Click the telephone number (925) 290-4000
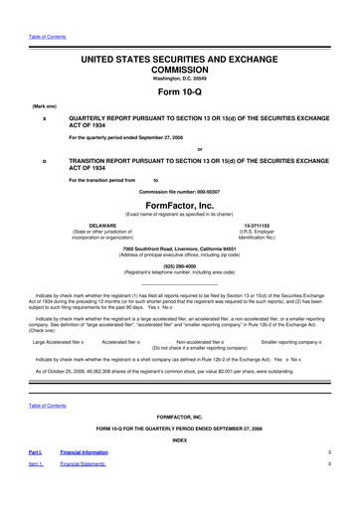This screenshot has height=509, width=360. (x=179, y=266)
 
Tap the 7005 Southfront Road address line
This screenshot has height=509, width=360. (x=179, y=249)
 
